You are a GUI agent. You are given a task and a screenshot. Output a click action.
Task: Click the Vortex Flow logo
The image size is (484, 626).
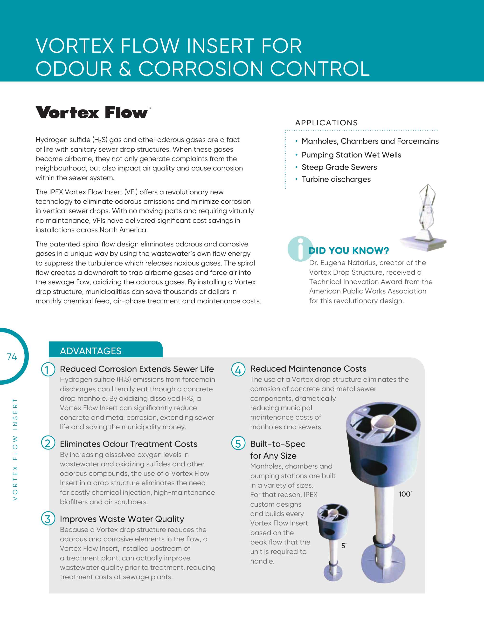point(93,113)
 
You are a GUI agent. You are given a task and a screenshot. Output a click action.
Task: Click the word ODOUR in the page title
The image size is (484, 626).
point(74,69)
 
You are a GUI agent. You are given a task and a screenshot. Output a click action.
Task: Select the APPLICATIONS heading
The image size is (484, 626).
point(326,123)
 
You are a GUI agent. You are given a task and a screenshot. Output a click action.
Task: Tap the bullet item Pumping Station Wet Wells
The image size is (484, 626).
point(351,155)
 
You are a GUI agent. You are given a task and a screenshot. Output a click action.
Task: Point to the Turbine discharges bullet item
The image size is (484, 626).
point(336,179)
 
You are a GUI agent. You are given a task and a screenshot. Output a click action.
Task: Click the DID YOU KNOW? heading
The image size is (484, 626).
point(348,251)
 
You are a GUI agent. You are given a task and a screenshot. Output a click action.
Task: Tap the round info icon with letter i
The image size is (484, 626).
point(300,249)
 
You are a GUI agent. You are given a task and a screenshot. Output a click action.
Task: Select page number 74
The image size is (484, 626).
point(12,357)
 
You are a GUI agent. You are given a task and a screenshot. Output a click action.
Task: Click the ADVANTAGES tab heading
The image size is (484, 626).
point(91,351)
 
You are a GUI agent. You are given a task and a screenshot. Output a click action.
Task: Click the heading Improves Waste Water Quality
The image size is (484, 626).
point(122,519)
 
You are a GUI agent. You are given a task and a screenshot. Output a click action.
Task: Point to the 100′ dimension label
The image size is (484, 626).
point(405,494)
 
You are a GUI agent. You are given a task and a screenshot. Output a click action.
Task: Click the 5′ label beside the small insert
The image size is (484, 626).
point(344,546)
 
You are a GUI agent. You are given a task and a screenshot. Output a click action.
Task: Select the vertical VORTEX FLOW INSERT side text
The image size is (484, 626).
point(15,449)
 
